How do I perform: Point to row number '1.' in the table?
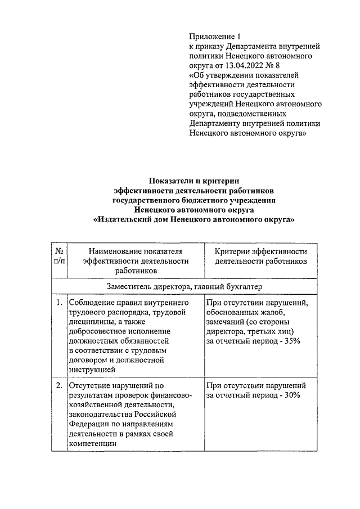(x=59, y=304)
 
